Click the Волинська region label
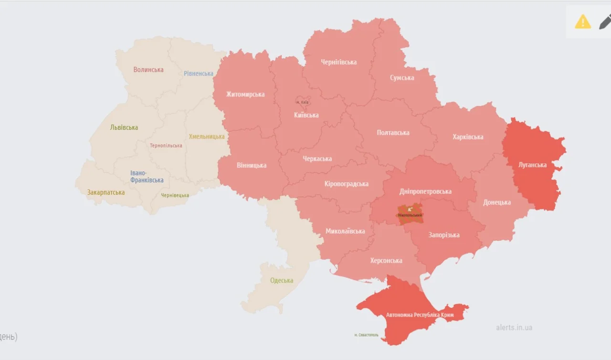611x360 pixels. coord(148,70)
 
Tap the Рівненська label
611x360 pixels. coord(199,74)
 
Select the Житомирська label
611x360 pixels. coord(245,94)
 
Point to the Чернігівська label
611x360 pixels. coord(339,62)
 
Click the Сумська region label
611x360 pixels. coord(402,78)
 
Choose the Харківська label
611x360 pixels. coord(468,137)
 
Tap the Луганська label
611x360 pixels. coord(533,165)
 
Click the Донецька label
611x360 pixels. coord(497,202)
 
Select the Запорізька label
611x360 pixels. coord(444,235)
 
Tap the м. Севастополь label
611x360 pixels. coord(367,335)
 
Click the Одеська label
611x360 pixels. coord(282,280)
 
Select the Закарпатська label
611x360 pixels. coord(106,192)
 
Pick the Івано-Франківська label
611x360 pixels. coord(147,177)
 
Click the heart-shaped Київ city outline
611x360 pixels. coord(302,102)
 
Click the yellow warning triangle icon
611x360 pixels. coord(583,21)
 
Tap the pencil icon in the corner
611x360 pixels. coord(605,22)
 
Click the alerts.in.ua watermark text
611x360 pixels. coord(514,328)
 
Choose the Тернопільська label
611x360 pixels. coord(166,146)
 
